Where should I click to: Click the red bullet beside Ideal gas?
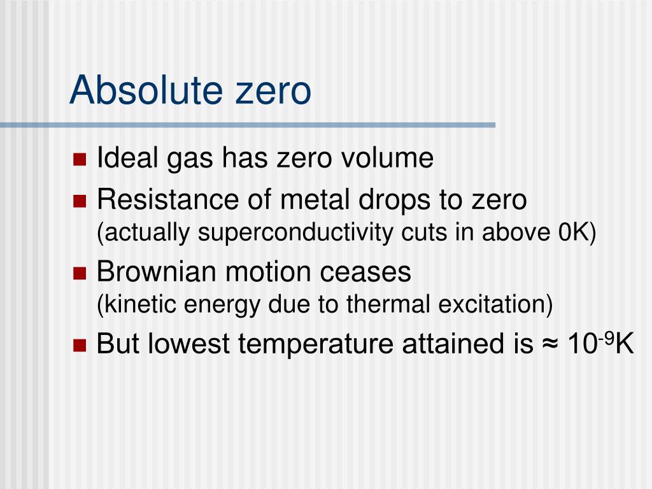click(80, 159)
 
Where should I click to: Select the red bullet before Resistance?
click(80, 202)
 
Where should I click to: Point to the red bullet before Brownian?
click(80, 274)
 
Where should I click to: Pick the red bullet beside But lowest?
click(80, 346)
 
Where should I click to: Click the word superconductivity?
click(297, 234)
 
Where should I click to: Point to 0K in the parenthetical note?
click(576, 233)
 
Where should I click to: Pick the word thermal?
click(389, 305)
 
